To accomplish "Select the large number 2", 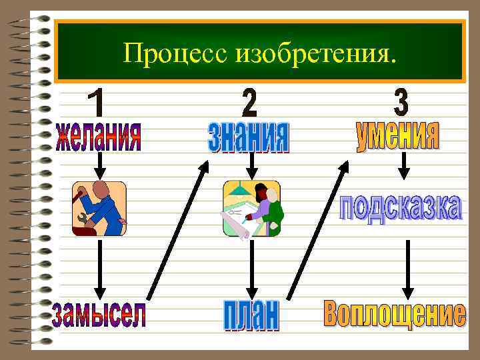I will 249,101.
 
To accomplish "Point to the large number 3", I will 400,101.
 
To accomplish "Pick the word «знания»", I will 249,136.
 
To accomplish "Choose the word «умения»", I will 398,136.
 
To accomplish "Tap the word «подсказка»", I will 400,208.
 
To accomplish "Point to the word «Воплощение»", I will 395,314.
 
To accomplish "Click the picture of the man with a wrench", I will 99,209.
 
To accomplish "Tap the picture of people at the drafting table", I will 251,209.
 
